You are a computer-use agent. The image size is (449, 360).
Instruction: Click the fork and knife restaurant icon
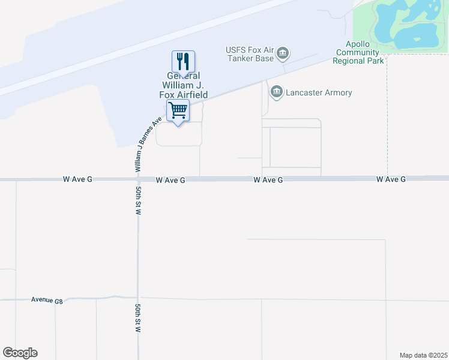click(184, 61)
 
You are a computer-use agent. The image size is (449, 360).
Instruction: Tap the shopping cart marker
click(178, 111)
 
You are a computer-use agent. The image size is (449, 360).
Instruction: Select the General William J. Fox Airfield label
click(183, 85)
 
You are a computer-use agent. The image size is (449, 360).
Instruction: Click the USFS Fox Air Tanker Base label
click(249, 54)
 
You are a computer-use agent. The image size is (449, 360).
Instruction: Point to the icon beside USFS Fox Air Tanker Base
click(282, 55)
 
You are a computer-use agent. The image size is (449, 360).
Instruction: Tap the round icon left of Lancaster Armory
click(277, 92)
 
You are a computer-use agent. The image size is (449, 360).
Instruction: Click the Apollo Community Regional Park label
click(358, 53)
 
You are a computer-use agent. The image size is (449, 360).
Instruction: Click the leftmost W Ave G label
click(77, 179)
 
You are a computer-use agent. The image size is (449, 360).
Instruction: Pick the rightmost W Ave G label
click(391, 179)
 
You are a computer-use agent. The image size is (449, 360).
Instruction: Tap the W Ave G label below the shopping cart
click(170, 180)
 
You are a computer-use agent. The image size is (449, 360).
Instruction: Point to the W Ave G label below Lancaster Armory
click(268, 179)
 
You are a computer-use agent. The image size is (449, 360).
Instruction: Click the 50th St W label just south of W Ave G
click(139, 200)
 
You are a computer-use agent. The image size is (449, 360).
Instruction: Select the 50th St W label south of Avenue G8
click(139, 318)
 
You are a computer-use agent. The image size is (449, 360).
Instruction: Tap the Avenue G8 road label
click(47, 300)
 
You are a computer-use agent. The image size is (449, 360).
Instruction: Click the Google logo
click(20, 353)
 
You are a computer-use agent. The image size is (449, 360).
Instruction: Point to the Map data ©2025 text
click(424, 355)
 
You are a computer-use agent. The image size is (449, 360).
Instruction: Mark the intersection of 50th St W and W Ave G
click(138, 179)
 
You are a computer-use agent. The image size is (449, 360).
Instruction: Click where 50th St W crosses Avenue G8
click(138, 298)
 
